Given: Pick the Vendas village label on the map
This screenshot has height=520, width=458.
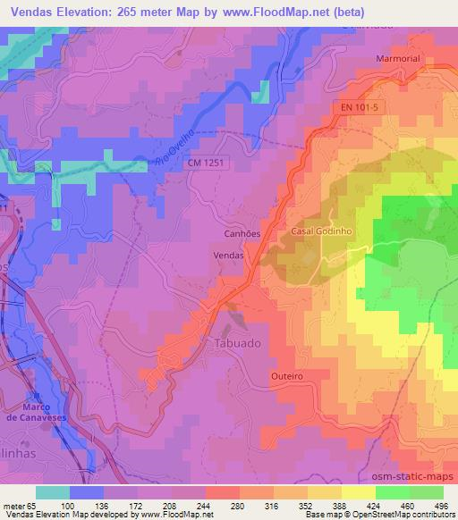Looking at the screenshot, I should [229, 255].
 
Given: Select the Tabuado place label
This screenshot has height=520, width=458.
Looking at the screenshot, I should [238, 344].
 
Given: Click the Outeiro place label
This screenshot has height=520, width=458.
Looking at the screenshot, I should [287, 377].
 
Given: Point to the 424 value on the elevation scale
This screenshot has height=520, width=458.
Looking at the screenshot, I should [375, 505].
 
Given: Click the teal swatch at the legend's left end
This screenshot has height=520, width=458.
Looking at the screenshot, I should [53, 492].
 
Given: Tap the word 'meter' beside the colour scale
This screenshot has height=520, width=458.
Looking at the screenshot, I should [13, 505].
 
